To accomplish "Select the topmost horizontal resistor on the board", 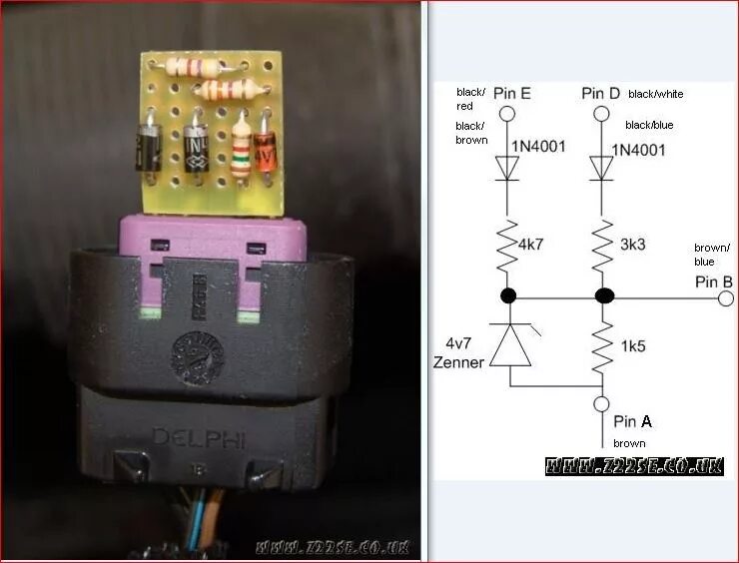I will tap(196, 68).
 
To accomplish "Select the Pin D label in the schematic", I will tap(601, 94).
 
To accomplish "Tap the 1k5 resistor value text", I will tap(631, 347).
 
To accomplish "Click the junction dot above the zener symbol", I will tap(507, 296).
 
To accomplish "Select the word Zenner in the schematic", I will tap(458, 362).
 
